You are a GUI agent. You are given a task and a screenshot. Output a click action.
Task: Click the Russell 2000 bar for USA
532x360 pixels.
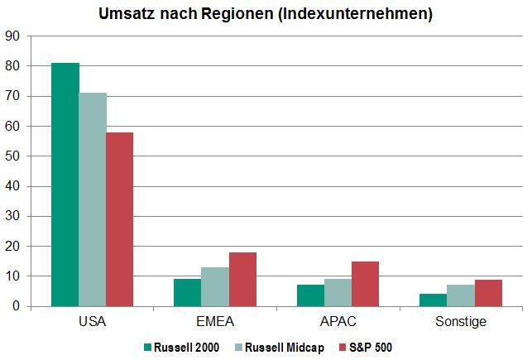click(x=65, y=185)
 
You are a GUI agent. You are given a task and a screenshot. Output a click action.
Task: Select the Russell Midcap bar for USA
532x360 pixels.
click(x=93, y=199)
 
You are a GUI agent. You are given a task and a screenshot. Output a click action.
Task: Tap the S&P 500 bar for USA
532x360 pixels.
click(x=120, y=219)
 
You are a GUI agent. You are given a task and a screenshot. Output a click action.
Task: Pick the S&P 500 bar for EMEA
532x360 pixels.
click(x=242, y=279)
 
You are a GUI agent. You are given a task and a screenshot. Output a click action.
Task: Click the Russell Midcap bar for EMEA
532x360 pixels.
click(x=215, y=286)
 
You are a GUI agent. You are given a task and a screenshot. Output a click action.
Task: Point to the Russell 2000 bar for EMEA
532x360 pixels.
click(x=188, y=292)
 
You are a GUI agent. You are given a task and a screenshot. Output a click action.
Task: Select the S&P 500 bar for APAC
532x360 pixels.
click(x=365, y=284)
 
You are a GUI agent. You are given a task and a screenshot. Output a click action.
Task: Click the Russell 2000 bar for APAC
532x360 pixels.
click(x=310, y=295)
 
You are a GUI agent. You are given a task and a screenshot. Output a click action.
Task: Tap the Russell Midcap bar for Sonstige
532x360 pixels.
click(x=461, y=295)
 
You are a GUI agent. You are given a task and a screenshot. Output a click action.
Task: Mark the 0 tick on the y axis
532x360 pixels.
click(x=16, y=306)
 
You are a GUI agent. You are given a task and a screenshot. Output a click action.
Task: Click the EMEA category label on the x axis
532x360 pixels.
click(x=215, y=321)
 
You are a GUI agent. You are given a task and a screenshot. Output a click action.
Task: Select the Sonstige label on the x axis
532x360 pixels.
click(x=461, y=321)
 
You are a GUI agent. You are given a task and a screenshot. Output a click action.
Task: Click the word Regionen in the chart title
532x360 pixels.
click(x=237, y=15)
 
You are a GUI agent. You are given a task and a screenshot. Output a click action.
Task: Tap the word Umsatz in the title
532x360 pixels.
click(x=127, y=15)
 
